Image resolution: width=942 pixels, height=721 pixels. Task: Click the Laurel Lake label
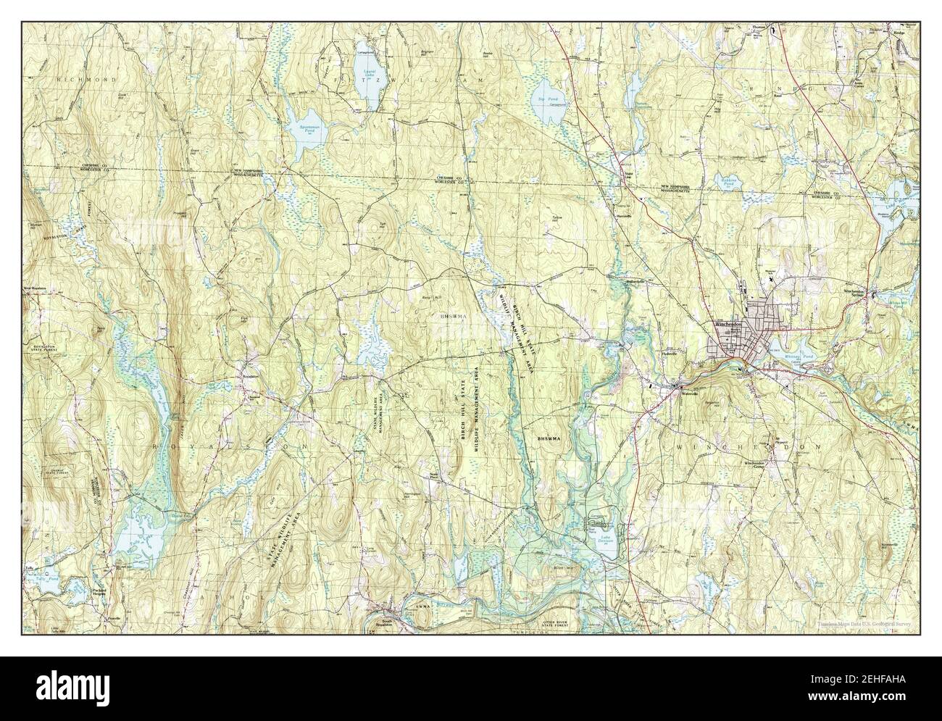367,75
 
